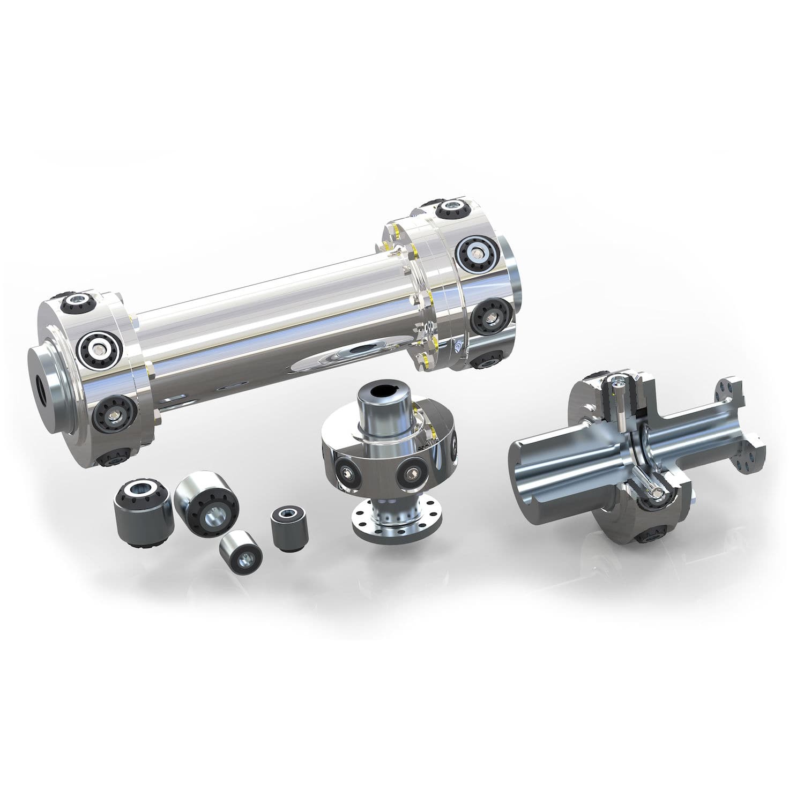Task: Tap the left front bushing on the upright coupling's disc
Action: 345,471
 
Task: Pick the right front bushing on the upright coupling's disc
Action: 413,472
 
